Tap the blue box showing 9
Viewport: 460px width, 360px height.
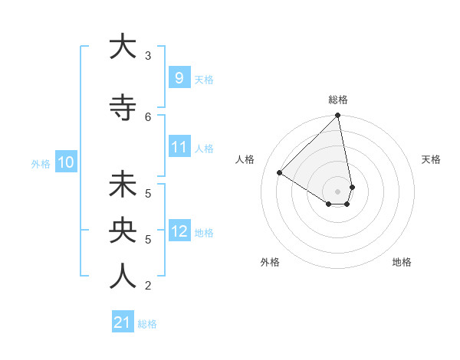(x=179, y=77)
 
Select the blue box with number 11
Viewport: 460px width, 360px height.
(x=179, y=147)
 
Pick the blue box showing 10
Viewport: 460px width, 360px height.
(x=65, y=162)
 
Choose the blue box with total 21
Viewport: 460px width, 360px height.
(x=122, y=322)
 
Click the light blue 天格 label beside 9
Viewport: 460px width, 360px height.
(x=204, y=79)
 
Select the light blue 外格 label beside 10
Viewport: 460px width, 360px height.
(x=41, y=163)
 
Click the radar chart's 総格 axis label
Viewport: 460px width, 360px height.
(x=338, y=100)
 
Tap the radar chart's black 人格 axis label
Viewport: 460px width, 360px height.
(x=246, y=159)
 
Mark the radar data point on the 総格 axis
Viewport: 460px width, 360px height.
(x=338, y=116)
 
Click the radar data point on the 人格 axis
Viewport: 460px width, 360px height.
(x=280, y=173)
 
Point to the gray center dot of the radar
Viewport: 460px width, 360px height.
(x=338, y=191)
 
